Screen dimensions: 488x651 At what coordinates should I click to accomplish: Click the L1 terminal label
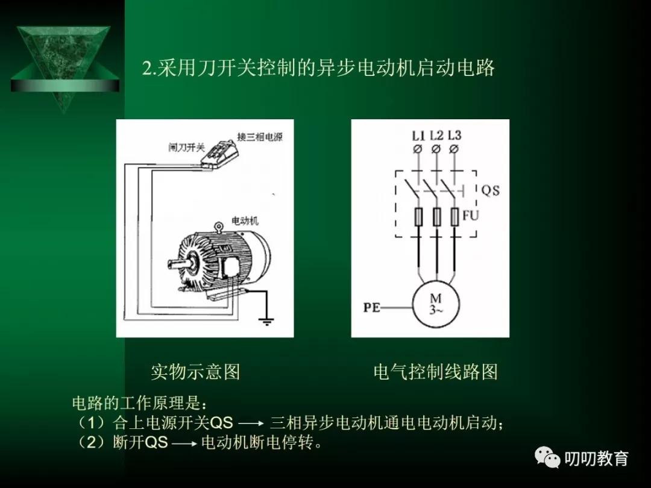(418, 136)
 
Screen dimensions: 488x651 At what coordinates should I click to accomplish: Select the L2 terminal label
(436, 136)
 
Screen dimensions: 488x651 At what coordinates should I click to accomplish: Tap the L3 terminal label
(454, 136)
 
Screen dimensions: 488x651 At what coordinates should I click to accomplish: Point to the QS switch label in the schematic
(490, 190)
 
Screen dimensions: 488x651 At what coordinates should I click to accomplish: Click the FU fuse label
(470, 215)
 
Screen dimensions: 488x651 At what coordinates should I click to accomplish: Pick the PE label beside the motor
(372, 307)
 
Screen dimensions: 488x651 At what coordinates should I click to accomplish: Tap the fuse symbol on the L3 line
(454, 217)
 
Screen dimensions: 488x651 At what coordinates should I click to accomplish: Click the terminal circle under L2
(436, 149)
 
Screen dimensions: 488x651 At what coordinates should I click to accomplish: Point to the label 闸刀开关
(187, 147)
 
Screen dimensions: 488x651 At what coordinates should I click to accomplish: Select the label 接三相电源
(260, 137)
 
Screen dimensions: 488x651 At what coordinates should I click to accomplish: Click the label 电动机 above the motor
(245, 221)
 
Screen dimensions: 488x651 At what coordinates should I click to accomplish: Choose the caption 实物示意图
(195, 372)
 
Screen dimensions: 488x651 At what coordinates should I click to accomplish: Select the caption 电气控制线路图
(436, 372)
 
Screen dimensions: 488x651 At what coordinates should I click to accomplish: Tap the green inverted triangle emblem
(63, 66)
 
